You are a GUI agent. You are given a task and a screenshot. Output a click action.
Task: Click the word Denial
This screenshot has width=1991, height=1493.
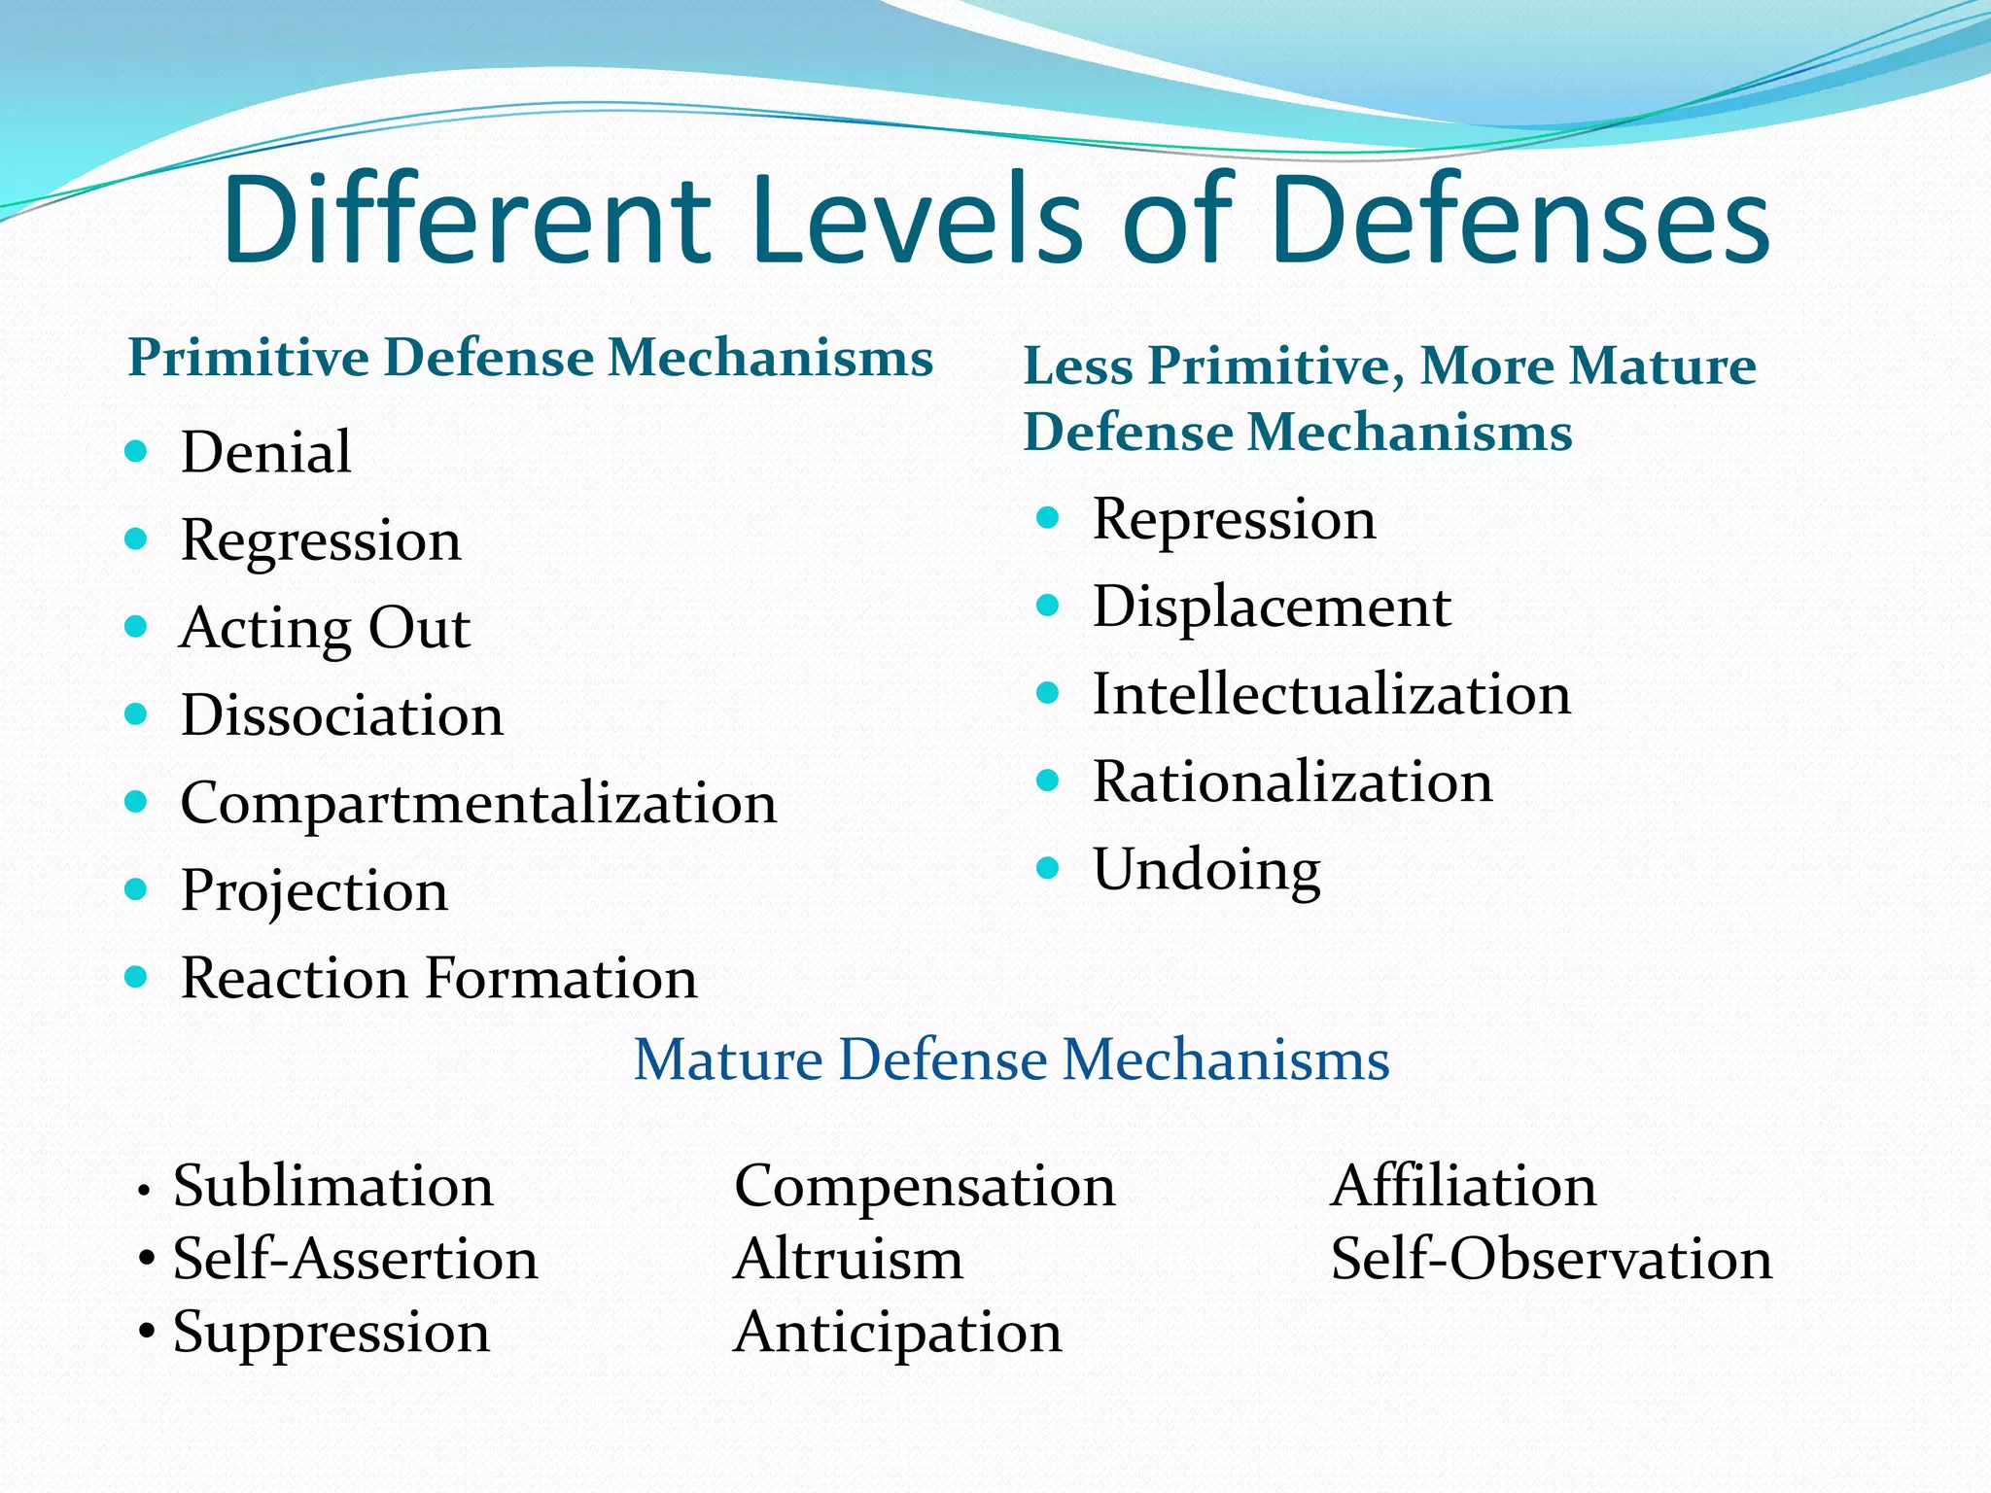tap(265, 452)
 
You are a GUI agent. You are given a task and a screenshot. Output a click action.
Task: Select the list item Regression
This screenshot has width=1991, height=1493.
tap(321, 540)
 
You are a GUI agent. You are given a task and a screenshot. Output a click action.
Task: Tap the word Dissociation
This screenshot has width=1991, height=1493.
tap(342, 715)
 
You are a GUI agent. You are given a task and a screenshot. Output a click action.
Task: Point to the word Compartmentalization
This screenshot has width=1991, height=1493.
tap(478, 804)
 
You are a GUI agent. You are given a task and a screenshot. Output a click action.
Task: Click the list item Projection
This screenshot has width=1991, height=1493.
tap(314, 891)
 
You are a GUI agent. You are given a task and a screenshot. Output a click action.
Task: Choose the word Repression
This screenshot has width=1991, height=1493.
tap(1234, 519)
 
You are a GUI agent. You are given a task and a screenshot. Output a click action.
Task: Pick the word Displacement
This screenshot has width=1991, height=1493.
tap(1272, 607)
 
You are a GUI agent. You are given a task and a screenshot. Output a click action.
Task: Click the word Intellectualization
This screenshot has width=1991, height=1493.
tap(1331, 694)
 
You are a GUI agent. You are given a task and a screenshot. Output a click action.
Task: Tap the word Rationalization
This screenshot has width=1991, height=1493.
tap(1292, 781)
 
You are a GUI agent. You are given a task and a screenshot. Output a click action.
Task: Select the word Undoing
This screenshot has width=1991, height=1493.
tap(1206, 870)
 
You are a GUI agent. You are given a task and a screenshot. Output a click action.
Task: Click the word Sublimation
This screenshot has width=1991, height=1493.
tap(332, 1186)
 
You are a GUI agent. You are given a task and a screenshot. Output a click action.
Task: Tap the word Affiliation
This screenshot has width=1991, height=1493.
tap(1463, 1186)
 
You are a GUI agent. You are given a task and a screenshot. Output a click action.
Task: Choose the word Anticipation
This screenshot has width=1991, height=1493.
tap(897, 1333)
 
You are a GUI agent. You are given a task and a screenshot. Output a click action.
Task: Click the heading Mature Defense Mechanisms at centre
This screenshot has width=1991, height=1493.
tap(1011, 1059)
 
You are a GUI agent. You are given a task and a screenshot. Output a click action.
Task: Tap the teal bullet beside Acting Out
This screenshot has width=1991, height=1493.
tap(136, 627)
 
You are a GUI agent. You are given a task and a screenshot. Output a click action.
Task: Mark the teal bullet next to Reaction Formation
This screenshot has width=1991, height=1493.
tap(136, 977)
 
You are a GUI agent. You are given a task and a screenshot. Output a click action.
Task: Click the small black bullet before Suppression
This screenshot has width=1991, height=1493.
tap(147, 1332)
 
